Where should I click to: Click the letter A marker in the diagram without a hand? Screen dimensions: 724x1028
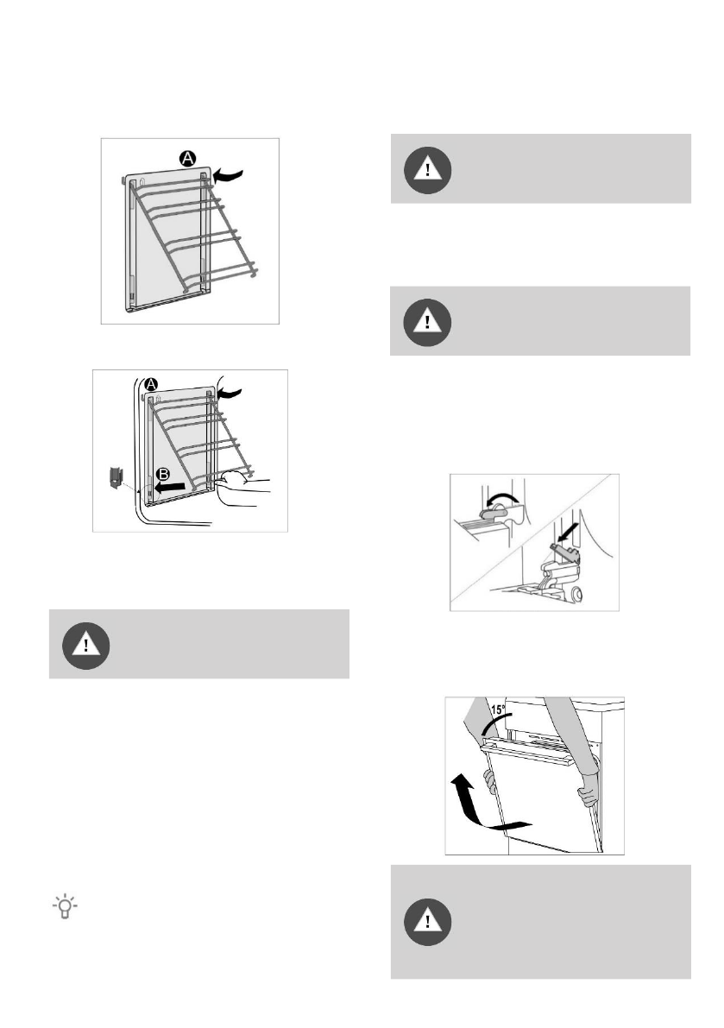[188, 158]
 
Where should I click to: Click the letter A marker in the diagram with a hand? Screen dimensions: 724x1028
[151, 385]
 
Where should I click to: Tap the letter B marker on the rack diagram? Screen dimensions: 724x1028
[163, 474]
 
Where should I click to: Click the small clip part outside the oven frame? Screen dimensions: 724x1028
[116, 476]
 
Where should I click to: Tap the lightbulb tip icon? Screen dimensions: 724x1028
[65, 906]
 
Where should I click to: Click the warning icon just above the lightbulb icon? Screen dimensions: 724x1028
[85, 646]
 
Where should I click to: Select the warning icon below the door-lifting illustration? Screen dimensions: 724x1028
[428, 922]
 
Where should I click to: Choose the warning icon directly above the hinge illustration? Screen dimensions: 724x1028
[427, 323]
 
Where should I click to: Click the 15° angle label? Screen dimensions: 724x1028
[498, 710]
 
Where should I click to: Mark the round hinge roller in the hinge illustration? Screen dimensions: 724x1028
[576, 595]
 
